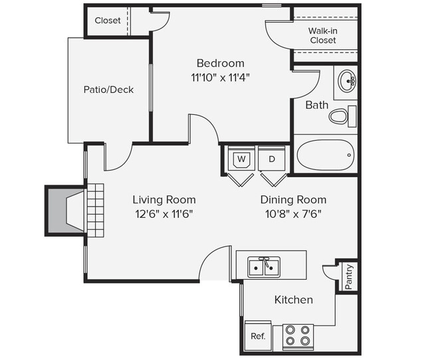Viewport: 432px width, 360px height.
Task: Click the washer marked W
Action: pos(241,159)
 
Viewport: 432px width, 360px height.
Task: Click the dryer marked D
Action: pos(272,159)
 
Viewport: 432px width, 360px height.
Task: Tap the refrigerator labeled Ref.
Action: pos(258,336)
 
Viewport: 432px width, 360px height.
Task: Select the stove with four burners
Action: pos(298,335)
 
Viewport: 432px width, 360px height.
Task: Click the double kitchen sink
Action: pos(264,266)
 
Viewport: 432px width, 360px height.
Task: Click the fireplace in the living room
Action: pos(66,211)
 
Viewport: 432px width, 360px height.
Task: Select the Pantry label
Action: pos(349,276)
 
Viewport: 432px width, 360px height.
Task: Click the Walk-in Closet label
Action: pos(322,35)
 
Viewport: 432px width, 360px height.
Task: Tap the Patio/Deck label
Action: pos(108,90)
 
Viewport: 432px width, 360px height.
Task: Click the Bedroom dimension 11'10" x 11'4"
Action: pos(221,76)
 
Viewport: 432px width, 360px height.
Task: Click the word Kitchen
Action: pos(293,300)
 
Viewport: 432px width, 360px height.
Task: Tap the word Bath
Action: pos(316,105)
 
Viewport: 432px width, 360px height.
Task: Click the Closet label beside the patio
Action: pos(108,21)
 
